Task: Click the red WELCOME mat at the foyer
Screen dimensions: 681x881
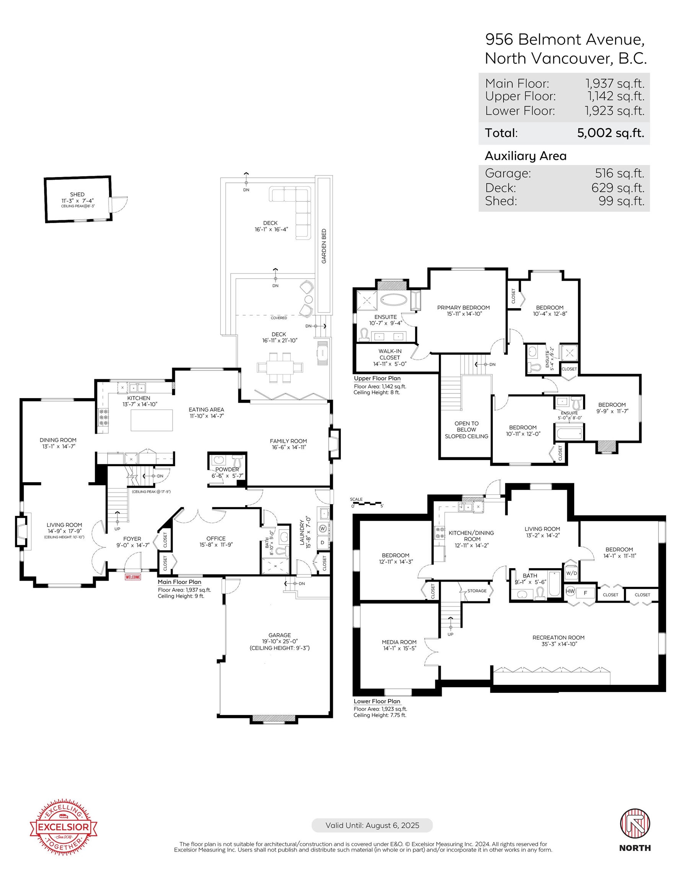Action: point(133,577)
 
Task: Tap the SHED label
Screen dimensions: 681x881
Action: point(77,194)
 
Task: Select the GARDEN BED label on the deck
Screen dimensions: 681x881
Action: point(324,246)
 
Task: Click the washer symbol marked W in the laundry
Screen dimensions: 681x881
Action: point(323,528)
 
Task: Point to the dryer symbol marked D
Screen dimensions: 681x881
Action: point(323,543)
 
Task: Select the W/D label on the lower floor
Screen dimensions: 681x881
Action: point(571,573)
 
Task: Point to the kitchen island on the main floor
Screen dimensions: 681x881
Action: point(152,420)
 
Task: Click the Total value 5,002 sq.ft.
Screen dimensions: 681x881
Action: point(610,133)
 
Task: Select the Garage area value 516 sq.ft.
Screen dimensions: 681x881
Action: point(620,173)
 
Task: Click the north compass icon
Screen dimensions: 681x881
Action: point(635,823)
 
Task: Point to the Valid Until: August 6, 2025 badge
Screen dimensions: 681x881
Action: point(372,825)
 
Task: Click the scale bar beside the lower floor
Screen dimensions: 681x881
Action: point(367,504)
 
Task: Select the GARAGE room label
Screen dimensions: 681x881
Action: point(280,635)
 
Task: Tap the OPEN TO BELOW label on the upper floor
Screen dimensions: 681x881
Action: point(467,426)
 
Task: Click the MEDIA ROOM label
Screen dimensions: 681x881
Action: point(399,642)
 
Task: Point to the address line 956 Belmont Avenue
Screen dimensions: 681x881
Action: point(565,39)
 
